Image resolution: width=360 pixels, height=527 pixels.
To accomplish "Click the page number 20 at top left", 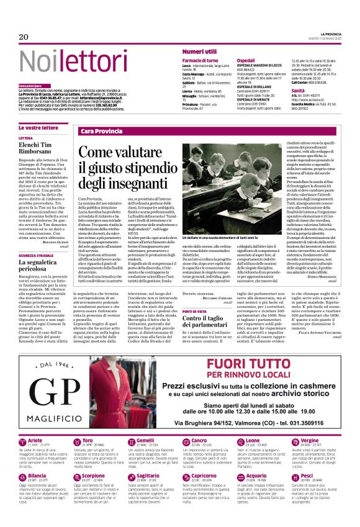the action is click(24, 37).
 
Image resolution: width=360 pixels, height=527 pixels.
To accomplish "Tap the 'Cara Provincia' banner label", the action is click(102, 132).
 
